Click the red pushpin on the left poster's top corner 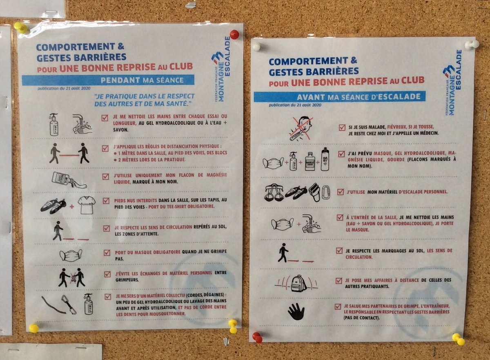point(234,34)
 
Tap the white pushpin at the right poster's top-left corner point(256,47)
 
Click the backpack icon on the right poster point(298,283)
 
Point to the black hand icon point(296,311)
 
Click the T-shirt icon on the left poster point(87,205)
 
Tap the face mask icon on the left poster point(71,255)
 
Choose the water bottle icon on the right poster point(325,159)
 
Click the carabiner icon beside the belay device point(325,192)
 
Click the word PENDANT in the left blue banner point(119,80)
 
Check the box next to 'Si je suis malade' point(342,127)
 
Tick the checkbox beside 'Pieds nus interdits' point(106,201)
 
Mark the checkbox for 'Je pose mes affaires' point(339,281)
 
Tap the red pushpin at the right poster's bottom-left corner point(257,337)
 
